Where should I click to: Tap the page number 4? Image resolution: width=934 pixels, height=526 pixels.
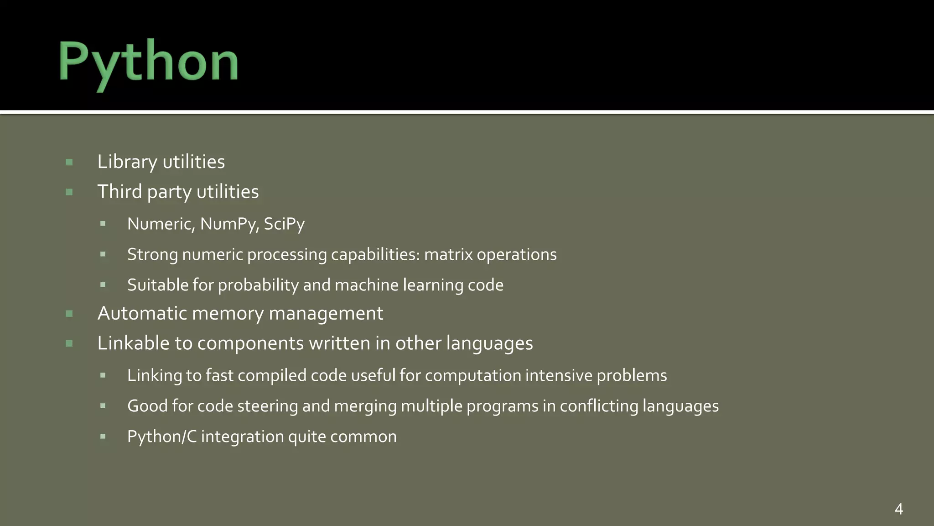click(898, 509)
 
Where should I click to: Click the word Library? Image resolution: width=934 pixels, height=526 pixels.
click(127, 162)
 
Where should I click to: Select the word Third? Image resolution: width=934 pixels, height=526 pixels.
click(119, 192)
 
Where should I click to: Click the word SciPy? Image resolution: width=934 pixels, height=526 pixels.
click(284, 224)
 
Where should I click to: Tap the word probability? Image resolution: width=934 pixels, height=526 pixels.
click(258, 285)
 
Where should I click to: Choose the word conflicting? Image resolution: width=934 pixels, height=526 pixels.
click(599, 406)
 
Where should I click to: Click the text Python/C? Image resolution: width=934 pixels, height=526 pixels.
click(162, 437)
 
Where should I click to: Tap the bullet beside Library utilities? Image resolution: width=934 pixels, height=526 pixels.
click(69, 162)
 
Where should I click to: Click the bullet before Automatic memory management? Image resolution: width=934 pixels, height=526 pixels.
click(69, 314)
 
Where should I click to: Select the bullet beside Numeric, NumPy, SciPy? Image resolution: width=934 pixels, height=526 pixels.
click(103, 224)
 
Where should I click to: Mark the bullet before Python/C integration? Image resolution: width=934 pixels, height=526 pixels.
click(103, 437)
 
